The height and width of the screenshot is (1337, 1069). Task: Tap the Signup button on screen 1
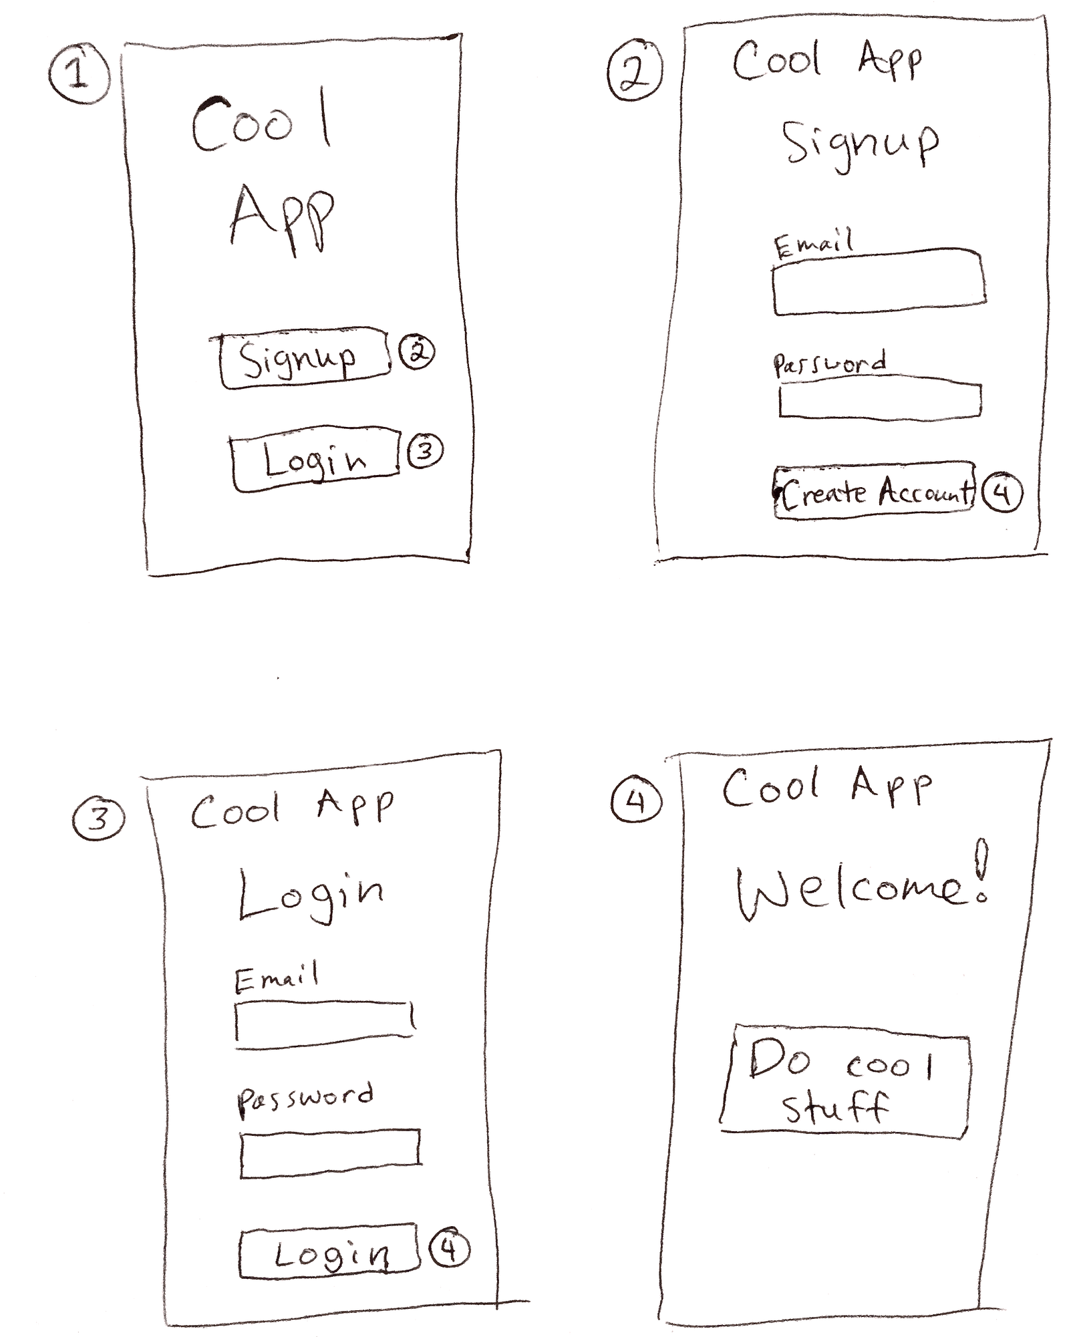point(304,357)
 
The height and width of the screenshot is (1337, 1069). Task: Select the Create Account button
point(875,490)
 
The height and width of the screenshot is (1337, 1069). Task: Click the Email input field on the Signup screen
point(879,282)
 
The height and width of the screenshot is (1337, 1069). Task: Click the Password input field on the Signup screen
point(880,400)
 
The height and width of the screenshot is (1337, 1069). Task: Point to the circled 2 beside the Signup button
point(417,353)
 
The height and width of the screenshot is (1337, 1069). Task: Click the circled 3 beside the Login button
point(425,452)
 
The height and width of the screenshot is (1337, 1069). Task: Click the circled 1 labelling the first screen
point(79,73)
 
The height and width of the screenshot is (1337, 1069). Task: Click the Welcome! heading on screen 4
point(863,883)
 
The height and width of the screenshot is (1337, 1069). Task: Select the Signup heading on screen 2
point(860,146)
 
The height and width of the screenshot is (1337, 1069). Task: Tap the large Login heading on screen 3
point(311,895)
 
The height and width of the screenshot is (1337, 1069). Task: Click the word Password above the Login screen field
point(305,1098)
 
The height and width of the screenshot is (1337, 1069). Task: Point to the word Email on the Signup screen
point(814,243)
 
